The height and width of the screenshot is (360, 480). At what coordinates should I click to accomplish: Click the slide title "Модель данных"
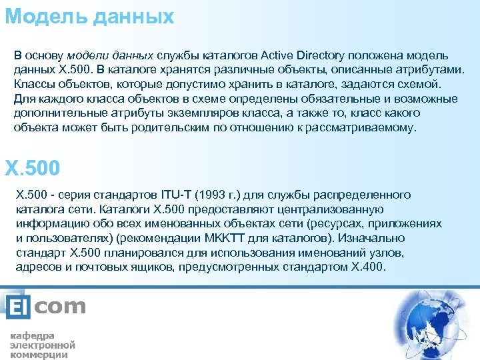pyautogui.click(x=89, y=16)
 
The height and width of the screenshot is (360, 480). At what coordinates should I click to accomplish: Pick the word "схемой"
pyautogui.click(x=418, y=84)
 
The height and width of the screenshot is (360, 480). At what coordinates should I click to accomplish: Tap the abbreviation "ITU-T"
pyautogui.click(x=176, y=195)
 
